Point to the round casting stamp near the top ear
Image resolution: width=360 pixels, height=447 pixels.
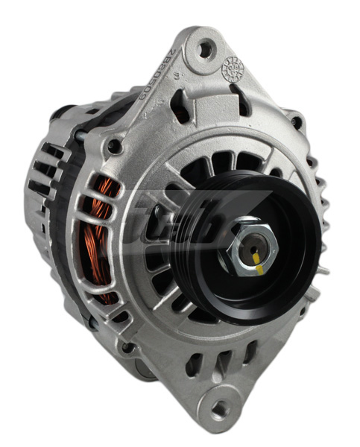coord(233,70)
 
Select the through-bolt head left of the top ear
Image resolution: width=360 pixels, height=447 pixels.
coord(114,145)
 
